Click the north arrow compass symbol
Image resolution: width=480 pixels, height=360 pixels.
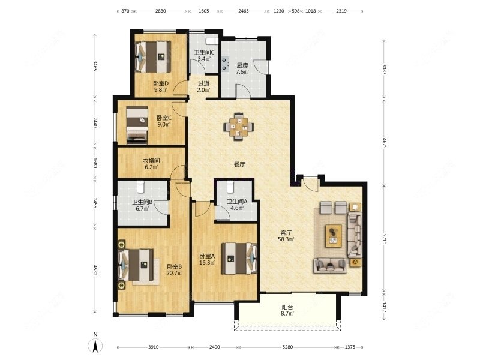pyautogui.click(x=94, y=345)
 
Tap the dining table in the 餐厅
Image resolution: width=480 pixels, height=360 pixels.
pyautogui.click(x=239, y=127)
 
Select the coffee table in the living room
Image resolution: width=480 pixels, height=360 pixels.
pyautogui.click(x=334, y=235)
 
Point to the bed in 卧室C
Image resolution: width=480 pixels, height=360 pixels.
pyautogui.click(x=137, y=125)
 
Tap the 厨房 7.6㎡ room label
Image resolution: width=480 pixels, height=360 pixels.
pyautogui.click(x=242, y=68)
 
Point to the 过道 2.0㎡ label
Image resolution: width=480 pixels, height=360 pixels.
pyautogui.click(x=203, y=86)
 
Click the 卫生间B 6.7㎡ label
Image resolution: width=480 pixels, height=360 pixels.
pyautogui.click(x=142, y=205)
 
